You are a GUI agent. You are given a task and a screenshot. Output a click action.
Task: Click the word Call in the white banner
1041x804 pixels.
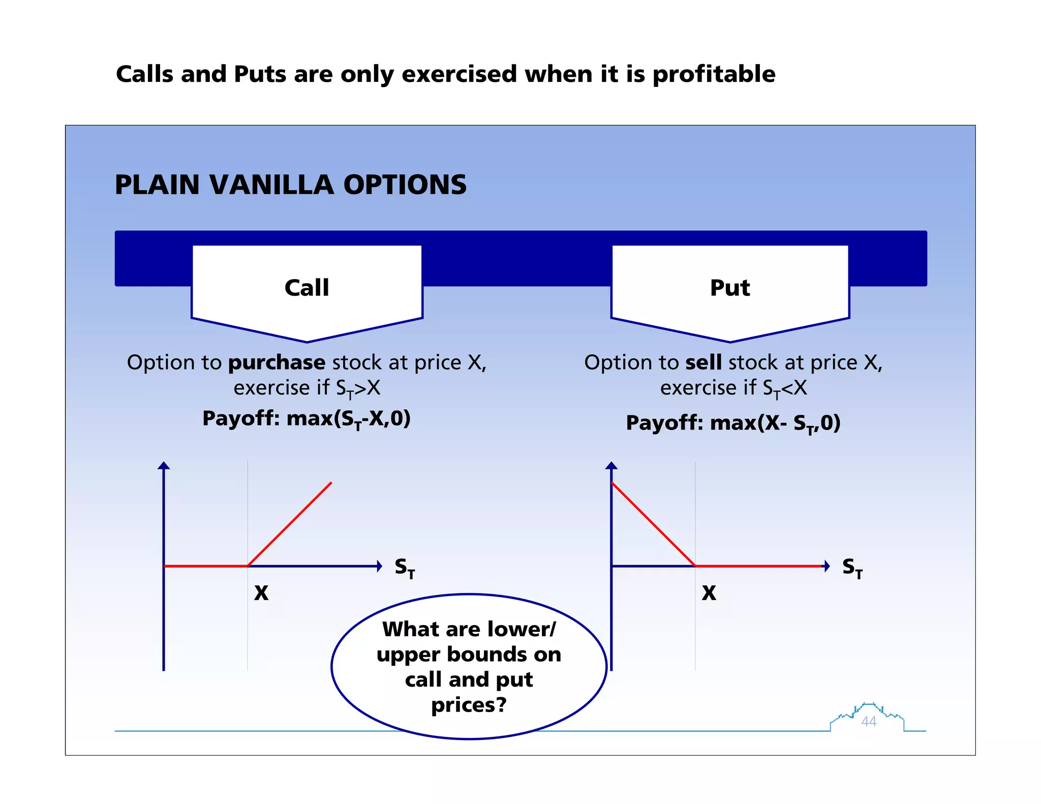(307, 288)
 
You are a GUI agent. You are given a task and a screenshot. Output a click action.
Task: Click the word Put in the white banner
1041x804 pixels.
(729, 288)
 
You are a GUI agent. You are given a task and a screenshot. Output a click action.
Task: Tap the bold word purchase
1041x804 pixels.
(277, 362)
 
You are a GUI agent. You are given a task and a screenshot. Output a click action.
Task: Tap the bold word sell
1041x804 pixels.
(703, 362)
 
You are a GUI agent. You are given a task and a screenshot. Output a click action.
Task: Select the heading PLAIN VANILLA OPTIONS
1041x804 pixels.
(290, 185)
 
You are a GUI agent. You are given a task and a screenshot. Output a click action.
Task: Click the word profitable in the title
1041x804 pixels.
(714, 74)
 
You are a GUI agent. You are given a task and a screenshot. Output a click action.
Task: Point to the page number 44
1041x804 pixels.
(869, 721)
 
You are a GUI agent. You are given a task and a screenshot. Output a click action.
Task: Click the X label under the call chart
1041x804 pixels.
(261, 593)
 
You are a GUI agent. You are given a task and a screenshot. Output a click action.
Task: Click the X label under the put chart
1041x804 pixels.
(709, 593)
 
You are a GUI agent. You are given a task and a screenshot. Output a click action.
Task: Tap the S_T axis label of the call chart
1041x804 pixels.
(405, 568)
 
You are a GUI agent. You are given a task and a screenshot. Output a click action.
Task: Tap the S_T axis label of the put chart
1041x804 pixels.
(852, 568)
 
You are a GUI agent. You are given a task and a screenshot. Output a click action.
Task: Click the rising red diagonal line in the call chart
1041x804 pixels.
(290, 524)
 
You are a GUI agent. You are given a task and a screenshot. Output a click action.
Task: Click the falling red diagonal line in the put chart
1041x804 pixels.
(653, 524)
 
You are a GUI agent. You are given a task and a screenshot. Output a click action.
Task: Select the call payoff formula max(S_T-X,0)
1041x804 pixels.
(348, 419)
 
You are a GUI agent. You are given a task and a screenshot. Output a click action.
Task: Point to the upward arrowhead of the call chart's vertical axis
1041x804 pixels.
(164, 465)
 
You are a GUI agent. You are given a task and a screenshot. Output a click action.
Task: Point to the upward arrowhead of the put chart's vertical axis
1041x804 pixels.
(611, 465)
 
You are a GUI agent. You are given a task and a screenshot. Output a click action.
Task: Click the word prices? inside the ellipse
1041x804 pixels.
(469, 704)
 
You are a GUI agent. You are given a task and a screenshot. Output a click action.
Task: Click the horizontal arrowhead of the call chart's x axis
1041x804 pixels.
(379, 566)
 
